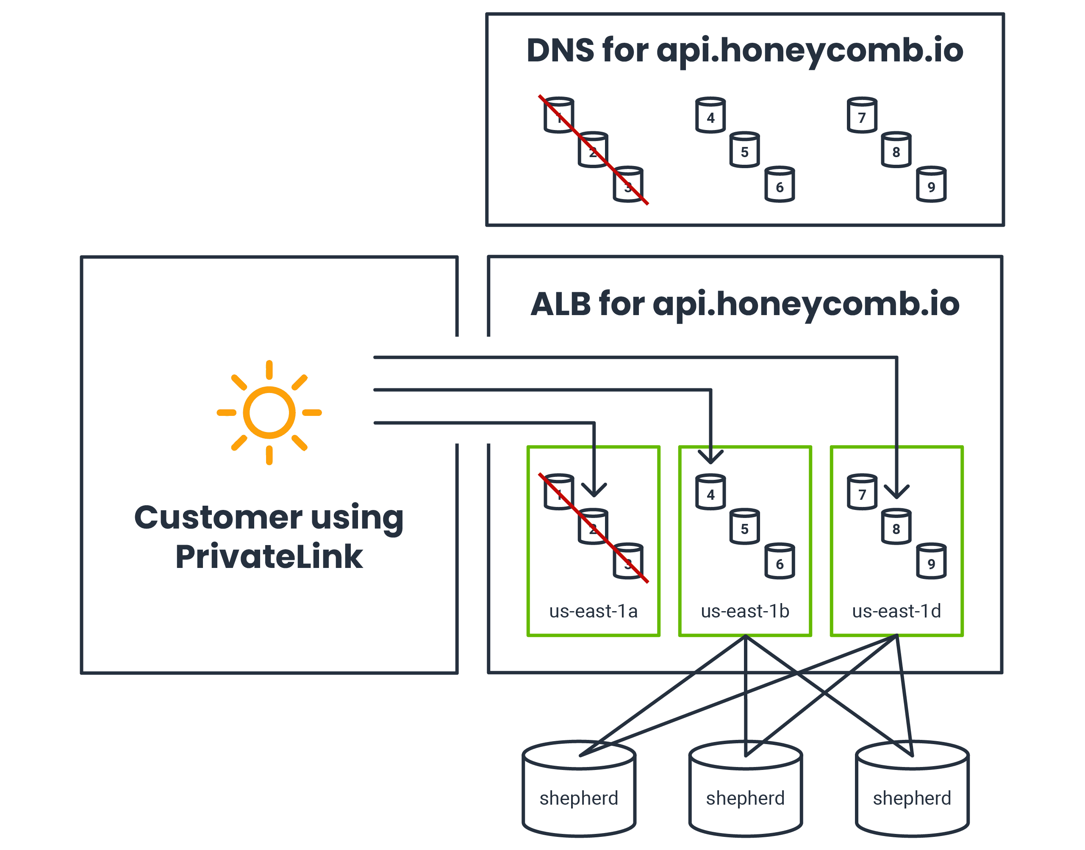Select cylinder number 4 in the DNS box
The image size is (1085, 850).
pos(710,116)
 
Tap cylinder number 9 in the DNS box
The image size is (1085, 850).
pos(931,185)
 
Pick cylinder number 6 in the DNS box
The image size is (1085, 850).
pos(780,185)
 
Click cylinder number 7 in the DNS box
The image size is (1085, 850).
pos(862,116)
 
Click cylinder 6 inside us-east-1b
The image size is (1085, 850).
pos(780,561)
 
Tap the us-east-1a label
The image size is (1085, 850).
pos(593,611)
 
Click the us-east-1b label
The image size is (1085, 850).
pos(744,611)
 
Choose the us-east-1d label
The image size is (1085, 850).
pos(896,611)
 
